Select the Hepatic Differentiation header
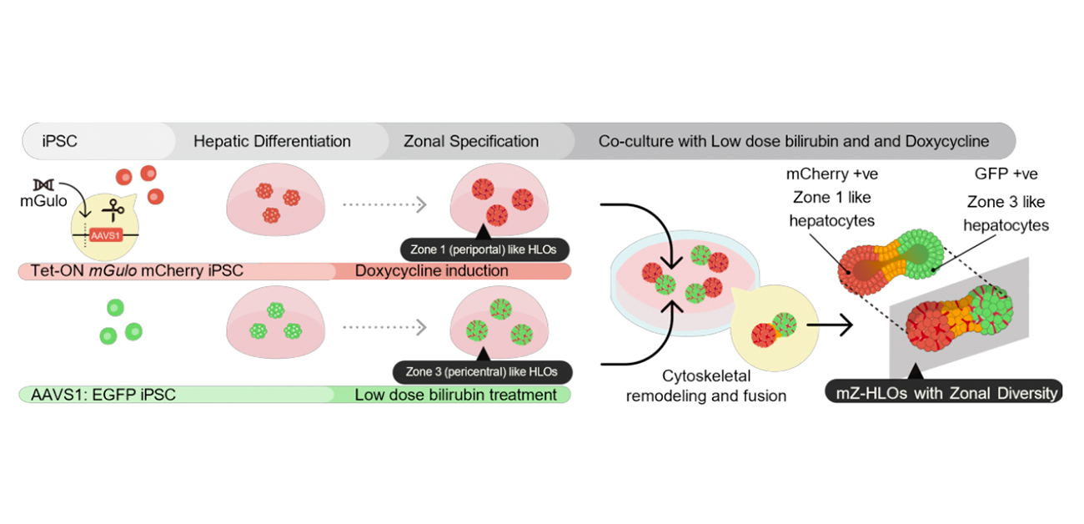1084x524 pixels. coord(272,141)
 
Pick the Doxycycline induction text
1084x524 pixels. coord(431,271)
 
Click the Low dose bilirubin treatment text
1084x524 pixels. coord(455,395)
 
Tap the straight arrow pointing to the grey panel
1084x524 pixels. coord(834,325)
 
